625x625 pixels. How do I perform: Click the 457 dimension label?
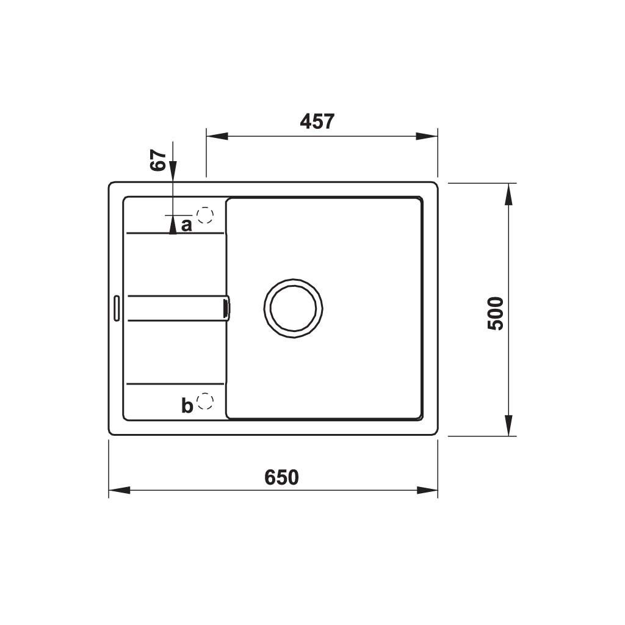tap(317, 121)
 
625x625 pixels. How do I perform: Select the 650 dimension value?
tap(281, 477)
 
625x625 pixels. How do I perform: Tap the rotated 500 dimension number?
tap(496, 313)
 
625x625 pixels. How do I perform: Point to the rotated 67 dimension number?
tap(158, 161)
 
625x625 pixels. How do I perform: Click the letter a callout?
tap(187, 226)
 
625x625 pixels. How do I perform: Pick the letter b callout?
tap(187, 406)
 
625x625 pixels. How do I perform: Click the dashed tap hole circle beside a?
tap(205, 215)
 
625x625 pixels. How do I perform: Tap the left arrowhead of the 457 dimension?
tap(217, 136)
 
